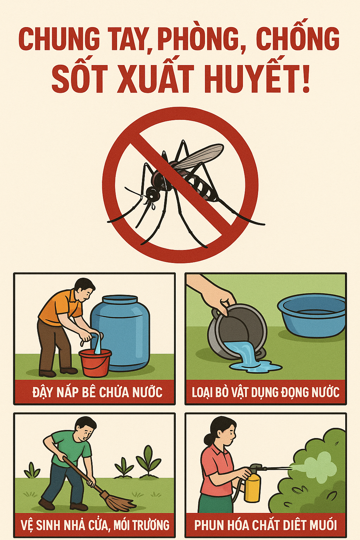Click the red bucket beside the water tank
95,363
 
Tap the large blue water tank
120,333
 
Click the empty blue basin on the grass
311,315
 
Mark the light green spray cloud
318,467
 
